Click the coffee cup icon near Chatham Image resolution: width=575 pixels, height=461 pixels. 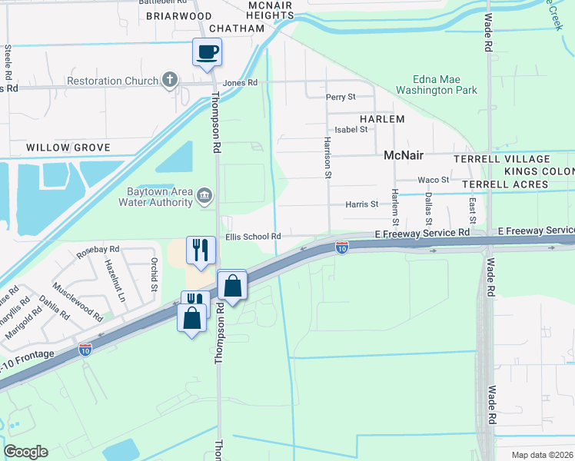[x=207, y=52]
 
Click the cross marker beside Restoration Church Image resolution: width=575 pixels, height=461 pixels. [x=170, y=81]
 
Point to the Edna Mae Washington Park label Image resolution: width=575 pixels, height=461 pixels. [x=436, y=85]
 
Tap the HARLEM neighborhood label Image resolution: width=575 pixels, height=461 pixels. [x=382, y=119]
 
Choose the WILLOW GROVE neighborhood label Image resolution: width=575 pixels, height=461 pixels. [x=68, y=147]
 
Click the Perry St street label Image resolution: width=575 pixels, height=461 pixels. [x=341, y=97]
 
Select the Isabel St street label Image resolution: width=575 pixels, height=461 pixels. [x=351, y=129]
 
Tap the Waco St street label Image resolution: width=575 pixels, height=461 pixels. [x=433, y=180]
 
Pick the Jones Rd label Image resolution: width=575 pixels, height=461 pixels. [x=240, y=83]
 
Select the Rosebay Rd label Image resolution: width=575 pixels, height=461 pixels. [x=98, y=250]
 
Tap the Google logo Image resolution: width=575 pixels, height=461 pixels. [x=25, y=452]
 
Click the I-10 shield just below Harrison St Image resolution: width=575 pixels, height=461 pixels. [x=342, y=247]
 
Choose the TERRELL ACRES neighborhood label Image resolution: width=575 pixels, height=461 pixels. [x=511, y=184]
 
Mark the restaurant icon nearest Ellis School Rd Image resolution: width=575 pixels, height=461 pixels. [x=200, y=250]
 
